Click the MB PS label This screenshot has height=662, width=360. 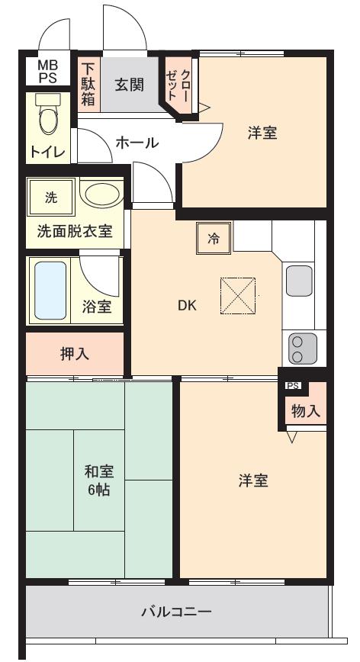47,72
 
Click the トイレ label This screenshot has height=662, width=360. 48,150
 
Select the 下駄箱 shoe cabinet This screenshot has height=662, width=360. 88,84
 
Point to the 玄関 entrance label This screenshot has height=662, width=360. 129,85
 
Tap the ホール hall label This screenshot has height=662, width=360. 137,142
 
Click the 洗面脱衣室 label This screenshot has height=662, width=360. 75,231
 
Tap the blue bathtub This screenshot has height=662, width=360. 50,291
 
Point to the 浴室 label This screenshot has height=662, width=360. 97,307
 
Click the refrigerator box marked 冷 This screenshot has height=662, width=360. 214,239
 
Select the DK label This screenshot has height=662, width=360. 188,306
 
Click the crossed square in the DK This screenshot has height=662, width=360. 238,296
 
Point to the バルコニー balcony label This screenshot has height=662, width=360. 175,612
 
